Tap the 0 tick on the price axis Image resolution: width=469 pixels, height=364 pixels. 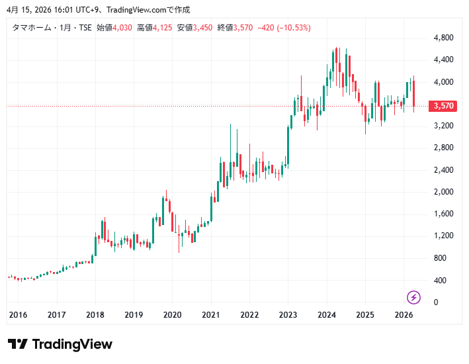[435, 302]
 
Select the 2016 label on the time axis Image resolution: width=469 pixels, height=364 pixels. [19, 316]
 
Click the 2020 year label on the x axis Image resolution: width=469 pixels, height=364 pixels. [173, 316]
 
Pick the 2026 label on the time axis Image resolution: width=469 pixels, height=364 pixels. [404, 316]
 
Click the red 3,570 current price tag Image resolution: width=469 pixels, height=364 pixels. [442, 106]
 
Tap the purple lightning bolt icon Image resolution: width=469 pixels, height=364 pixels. [414, 297]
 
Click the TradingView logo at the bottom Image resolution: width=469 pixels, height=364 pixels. [60, 344]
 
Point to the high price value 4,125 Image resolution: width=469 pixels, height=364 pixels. [163, 28]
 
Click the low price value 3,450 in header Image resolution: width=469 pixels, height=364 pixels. [203, 28]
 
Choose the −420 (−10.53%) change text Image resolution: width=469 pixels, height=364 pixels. [284, 28]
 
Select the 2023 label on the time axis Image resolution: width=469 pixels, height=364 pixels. [288, 316]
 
